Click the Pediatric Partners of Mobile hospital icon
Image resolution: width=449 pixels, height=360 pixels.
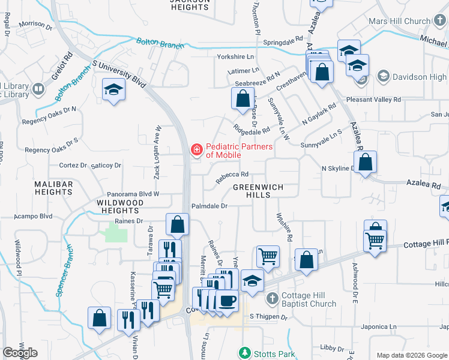(196, 149)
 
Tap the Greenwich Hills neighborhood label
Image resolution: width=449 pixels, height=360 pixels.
(258, 191)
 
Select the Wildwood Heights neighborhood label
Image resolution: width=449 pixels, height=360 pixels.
(121, 207)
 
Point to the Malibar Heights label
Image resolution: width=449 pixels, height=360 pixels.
(53, 188)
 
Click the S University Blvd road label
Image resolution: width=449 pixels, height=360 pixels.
(119, 71)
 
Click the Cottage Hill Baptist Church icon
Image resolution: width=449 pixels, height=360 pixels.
(272, 298)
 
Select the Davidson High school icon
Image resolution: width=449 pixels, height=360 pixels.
(382, 77)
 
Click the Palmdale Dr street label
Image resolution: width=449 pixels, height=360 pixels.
(209, 206)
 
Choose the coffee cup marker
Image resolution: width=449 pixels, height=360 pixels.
(226, 300)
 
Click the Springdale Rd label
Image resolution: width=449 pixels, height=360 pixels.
(283, 42)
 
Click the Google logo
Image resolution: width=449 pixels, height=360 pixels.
(20, 353)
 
